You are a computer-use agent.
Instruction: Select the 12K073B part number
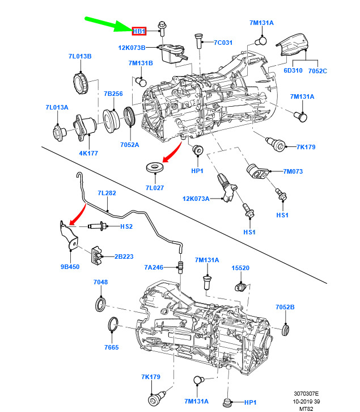tap(132, 48)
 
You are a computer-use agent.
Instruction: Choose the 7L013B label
tap(80, 56)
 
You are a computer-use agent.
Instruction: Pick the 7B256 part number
tap(113, 94)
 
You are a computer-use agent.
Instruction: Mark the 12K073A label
tap(196, 199)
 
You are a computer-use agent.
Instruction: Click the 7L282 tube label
tap(106, 193)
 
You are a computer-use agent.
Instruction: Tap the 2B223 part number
tap(124, 257)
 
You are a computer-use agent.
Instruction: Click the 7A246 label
tap(154, 267)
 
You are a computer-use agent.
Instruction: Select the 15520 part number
tap(240, 267)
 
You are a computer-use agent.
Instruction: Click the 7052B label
tap(285, 306)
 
